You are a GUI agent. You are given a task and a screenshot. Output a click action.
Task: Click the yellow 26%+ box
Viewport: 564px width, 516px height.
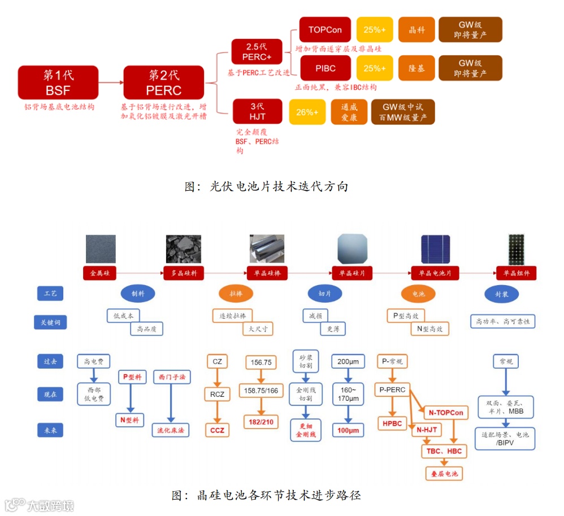pos(307,112)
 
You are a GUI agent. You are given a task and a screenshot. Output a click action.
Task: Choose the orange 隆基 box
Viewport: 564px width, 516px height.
pos(417,68)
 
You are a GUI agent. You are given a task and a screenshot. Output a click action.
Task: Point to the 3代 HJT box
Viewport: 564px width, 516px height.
pos(257,111)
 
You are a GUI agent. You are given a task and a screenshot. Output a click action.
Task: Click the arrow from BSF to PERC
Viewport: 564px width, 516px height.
pos(111,82)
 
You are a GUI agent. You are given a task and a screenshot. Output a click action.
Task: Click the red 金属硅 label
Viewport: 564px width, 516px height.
pos(100,273)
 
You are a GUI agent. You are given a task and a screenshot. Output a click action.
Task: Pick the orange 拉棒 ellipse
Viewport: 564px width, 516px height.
pos(236,294)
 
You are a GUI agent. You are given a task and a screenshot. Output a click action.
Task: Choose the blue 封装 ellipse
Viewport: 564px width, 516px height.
pos(502,294)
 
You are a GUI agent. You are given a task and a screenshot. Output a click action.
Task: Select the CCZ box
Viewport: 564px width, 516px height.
pos(217,430)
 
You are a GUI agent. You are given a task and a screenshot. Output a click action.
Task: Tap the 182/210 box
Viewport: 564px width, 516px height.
pos(260,422)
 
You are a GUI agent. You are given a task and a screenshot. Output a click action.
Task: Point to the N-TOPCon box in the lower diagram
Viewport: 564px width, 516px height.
pos(445,413)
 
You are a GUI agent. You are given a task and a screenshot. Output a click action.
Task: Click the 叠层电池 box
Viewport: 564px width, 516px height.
pos(444,473)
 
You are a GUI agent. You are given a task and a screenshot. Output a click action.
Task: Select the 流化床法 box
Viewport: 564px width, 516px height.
pos(171,430)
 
